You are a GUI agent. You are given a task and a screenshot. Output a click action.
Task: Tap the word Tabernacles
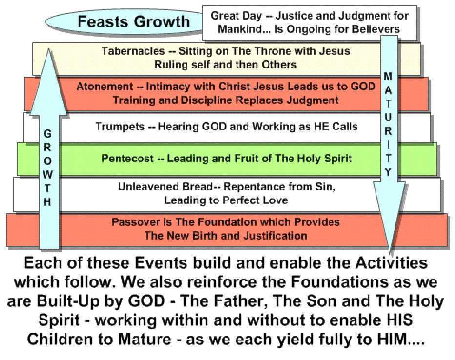[x=133, y=51]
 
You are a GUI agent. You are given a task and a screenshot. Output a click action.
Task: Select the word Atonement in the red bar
[x=105, y=86]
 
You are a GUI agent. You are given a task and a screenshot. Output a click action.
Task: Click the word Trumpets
[x=120, y=126]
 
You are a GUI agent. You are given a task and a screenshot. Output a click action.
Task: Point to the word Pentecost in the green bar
[x=127, y=159]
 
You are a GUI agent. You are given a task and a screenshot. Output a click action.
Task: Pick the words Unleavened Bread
[x=165, y=187]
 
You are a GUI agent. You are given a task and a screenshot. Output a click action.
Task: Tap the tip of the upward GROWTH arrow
[x=48, y=49]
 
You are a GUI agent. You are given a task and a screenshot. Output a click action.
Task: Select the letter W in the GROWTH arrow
[x=47, y=175]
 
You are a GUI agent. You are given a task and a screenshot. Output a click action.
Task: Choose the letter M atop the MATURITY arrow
[x=388, y=77]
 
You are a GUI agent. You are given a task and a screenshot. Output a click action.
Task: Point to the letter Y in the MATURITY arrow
[x=388, y=172]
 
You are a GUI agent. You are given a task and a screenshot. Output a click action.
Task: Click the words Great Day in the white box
[x=236, y=16]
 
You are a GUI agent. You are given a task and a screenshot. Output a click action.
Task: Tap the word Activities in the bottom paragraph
[x=392, y=263]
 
